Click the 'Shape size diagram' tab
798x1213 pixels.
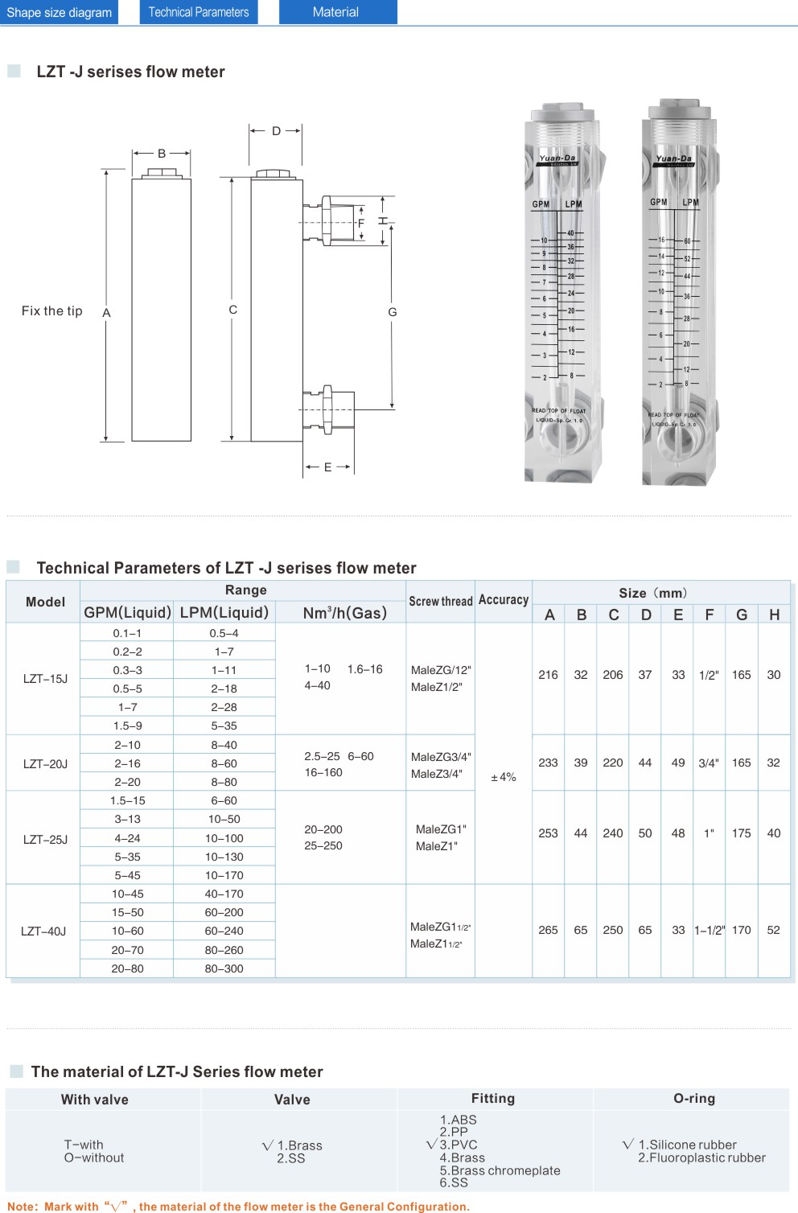click(60, 12)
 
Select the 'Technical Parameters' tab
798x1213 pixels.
click(199, 12)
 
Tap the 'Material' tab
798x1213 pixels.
click(336, 12)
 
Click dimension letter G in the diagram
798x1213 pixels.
click(393, 312)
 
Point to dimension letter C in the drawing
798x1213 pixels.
click(233, 310)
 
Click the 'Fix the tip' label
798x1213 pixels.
click(52, 311)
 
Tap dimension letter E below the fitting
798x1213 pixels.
click(327, 467)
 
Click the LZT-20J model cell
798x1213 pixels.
click(45, 763)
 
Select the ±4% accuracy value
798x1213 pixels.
click(504, 777)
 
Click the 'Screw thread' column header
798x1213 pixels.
click(441, 601)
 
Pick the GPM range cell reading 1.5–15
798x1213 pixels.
click(128, 800)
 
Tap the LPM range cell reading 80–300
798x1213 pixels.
click(224, 968)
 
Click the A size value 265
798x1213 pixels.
click(548, 930)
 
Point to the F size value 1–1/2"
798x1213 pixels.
click(710, 930)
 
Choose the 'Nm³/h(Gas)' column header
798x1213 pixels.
click(344, 613)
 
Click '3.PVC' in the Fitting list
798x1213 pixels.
click(459, 1145)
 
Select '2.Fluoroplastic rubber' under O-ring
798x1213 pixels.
click(701, 1157)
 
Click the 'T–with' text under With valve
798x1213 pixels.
click(84, 1145)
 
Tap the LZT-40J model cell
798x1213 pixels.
click(43, 931)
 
